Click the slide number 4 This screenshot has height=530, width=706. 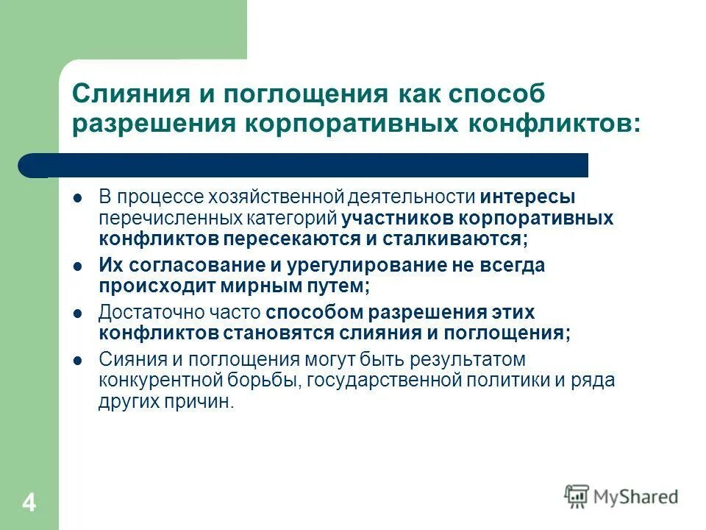29,504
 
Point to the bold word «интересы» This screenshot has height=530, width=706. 528,198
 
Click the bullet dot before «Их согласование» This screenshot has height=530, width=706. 77,266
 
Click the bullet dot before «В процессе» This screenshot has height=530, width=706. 77,199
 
